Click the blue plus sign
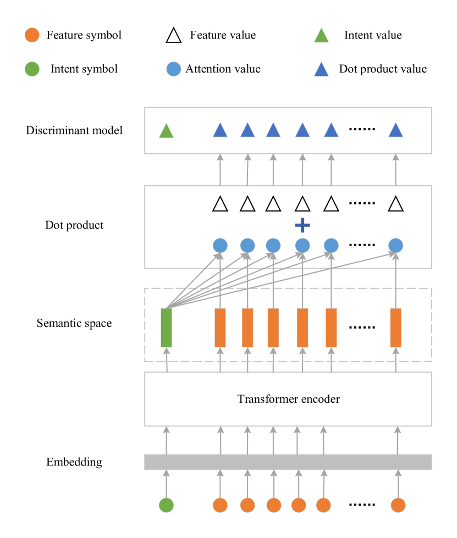(302, 225)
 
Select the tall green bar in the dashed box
(166, 328)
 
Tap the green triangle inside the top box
(166, 131)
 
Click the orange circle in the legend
(32, 35)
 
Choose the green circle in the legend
(32, 69)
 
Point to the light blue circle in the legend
(173, 69)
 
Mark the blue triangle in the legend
(321, 70)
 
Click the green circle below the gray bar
(166, 505)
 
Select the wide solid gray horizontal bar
(288, 462)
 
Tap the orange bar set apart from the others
(395, 328)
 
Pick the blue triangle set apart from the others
(395, 130)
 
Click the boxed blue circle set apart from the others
(395, 246)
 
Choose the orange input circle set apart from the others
(398, 505)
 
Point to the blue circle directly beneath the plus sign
(302, 246)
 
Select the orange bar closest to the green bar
(220, 328)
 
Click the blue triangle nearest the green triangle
(220, 130)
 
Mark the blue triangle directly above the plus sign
(302, 130)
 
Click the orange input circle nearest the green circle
(220, 505)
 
